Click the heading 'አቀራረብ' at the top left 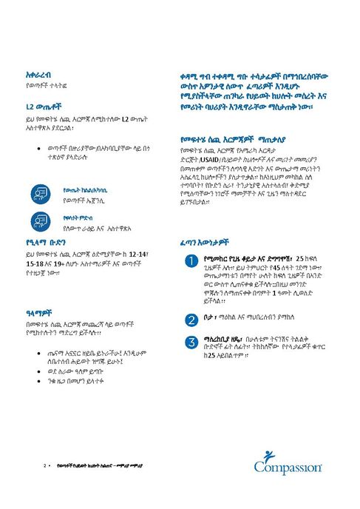pyautogui.click(x=38, y=75)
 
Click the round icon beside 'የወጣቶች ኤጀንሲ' pyautogui.click(x=40, y=195)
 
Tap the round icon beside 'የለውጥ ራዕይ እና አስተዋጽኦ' pyautogui.click(x=40, y=220)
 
